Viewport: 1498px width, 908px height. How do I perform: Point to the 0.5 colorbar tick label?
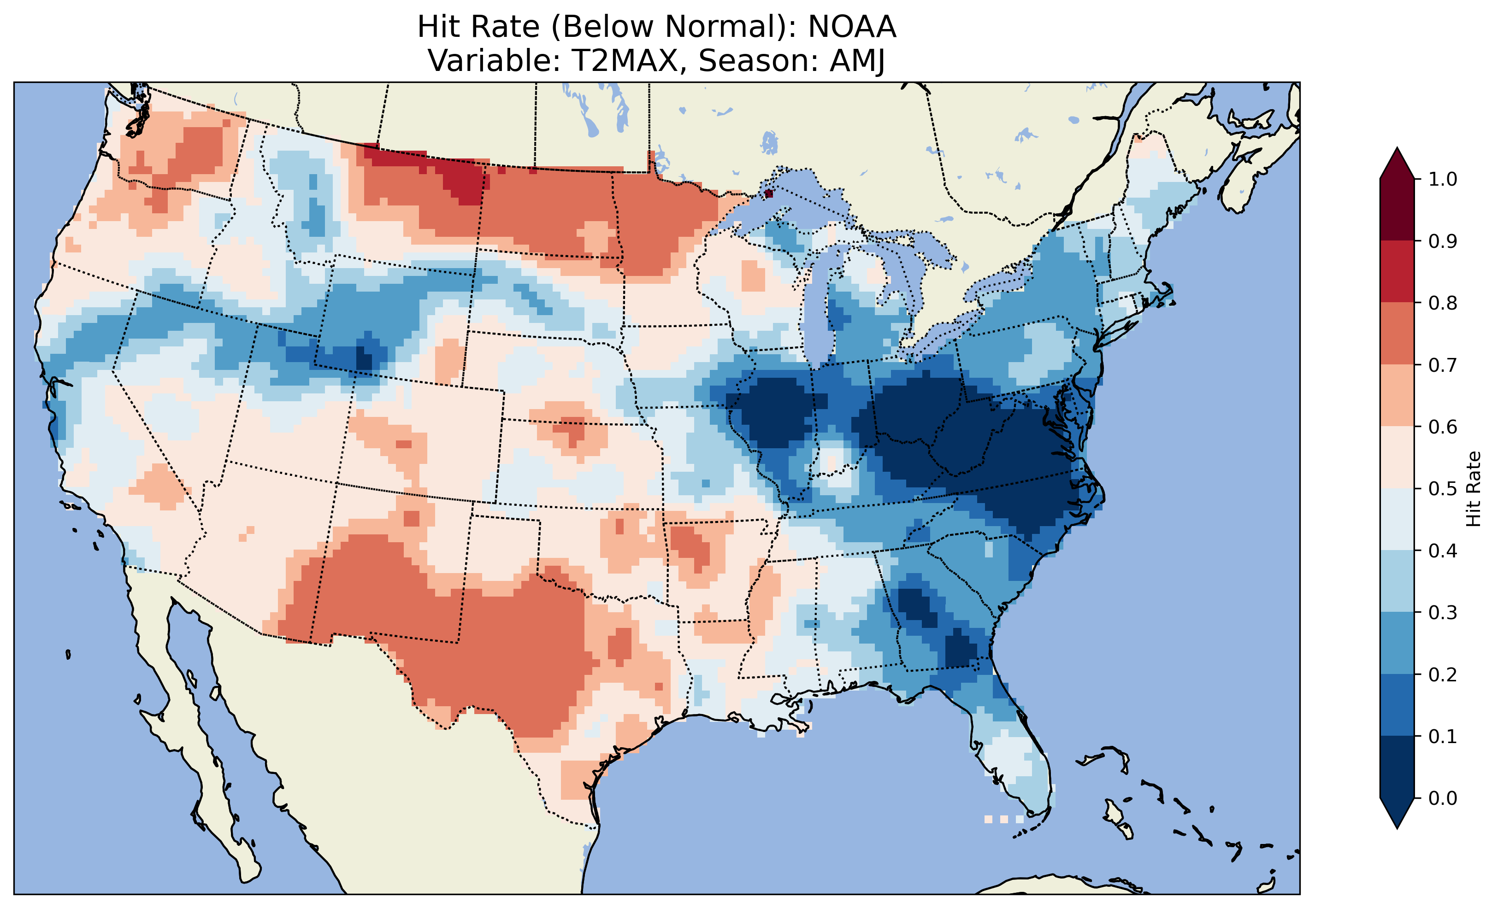(x=1443, y=489)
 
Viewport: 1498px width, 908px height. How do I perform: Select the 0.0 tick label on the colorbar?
(x=1443, y=798)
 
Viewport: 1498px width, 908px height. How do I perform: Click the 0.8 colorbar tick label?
(x=1443, y=303)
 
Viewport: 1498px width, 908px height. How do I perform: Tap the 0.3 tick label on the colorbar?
(x=1443, y=613)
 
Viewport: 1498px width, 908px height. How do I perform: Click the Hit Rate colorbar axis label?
(x=1473, y=489)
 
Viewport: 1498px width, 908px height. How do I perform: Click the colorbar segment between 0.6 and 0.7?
(x=1397, y=395)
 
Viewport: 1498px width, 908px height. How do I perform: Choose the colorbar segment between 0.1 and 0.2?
(x=1397, y=705)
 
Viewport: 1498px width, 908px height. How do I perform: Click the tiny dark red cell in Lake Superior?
(x=768, y=193)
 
